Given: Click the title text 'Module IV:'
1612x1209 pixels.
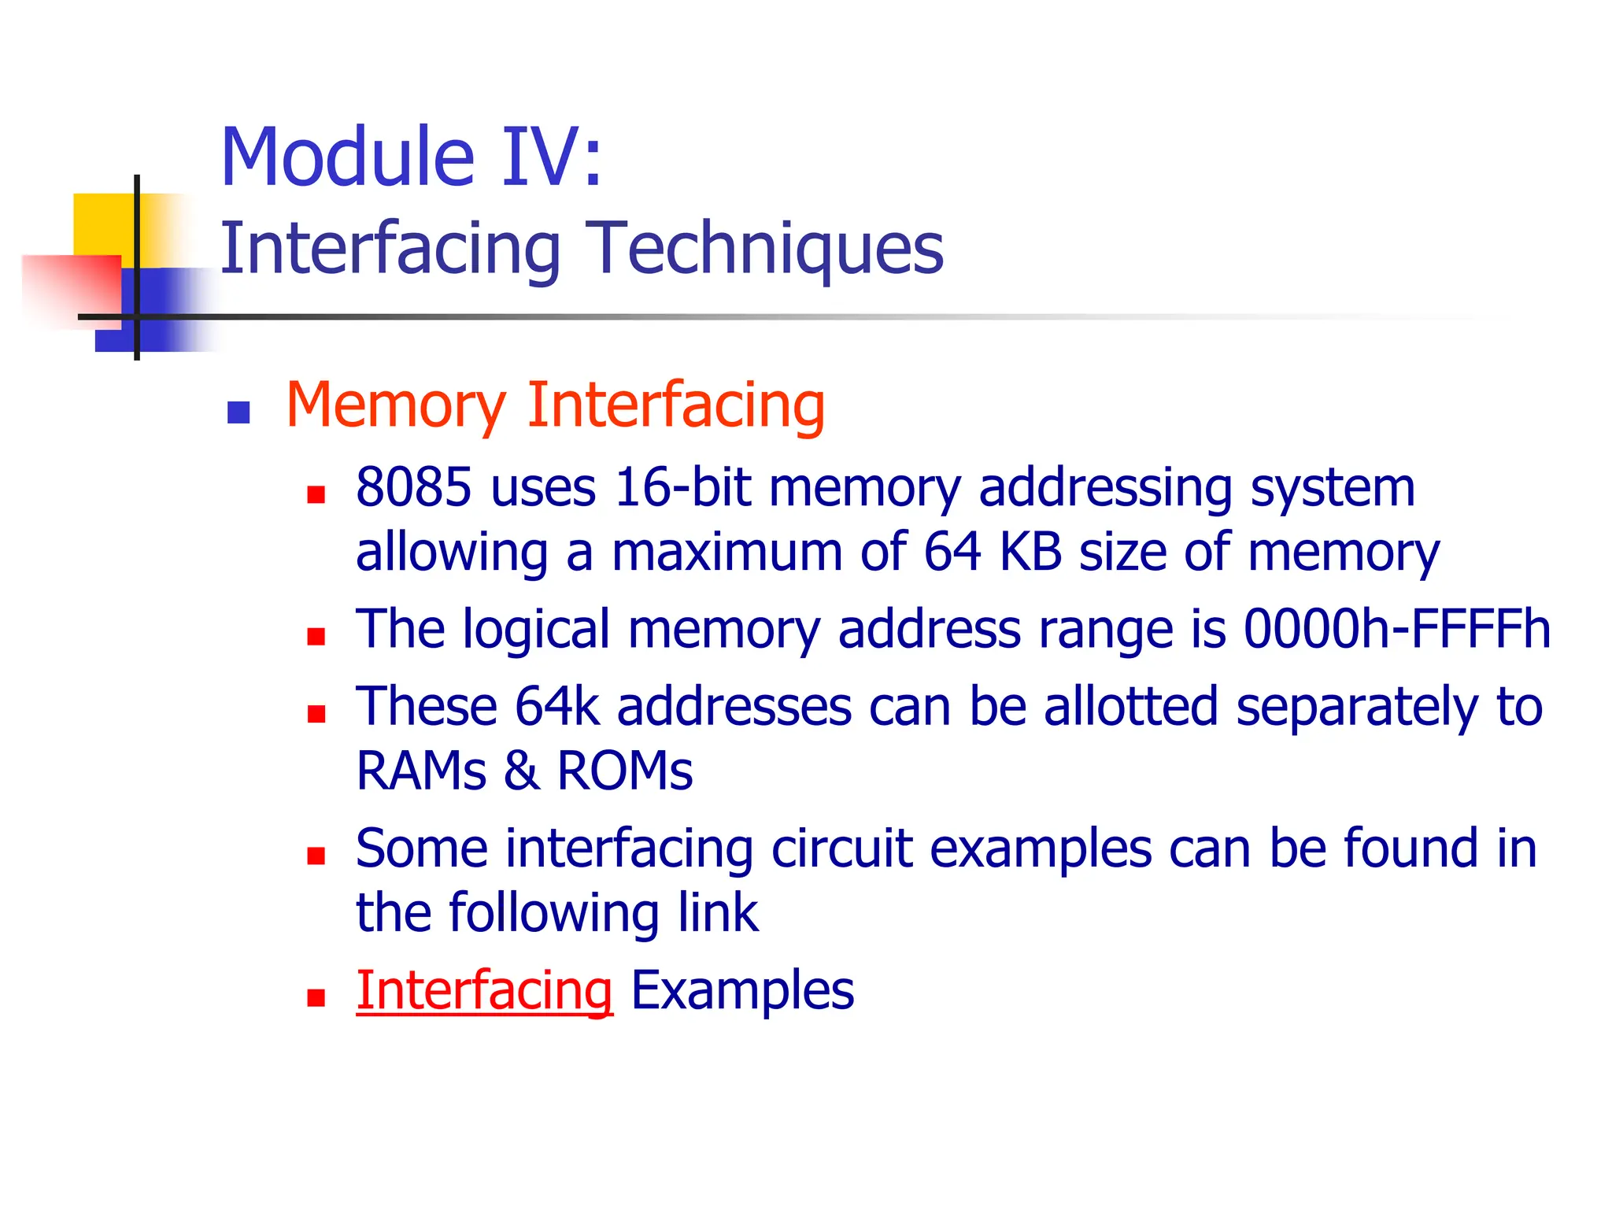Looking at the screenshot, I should (x=411, y=157).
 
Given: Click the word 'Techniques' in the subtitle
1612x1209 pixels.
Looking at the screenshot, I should (x=767, y=248).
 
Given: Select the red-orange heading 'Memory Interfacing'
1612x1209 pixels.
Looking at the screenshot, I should (x=555, y=405).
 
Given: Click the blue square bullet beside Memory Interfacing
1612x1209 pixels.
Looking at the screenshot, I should (x=238, y=412).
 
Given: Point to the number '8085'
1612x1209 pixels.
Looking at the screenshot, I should (x=414, y=487).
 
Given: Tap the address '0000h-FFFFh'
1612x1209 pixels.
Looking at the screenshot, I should (x=1396, y=629).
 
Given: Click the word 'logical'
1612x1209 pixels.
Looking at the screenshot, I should (x=536, y=630).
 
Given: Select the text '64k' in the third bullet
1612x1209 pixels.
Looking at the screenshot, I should (x=557, y=706).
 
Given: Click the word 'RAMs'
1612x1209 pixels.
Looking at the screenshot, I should (x=421, y=771).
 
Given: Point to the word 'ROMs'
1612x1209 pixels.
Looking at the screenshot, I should (x=625, y=771).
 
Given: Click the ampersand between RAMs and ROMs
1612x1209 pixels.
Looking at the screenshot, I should (x=521, y=771).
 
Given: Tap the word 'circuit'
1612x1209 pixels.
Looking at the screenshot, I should (x=842, y=849).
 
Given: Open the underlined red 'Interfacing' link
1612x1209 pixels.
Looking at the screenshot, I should (x=484, y=990).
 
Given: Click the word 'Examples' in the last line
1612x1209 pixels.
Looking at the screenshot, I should (x=742, y=990).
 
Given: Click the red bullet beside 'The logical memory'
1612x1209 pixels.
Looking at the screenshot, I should (x=316, y=636).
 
